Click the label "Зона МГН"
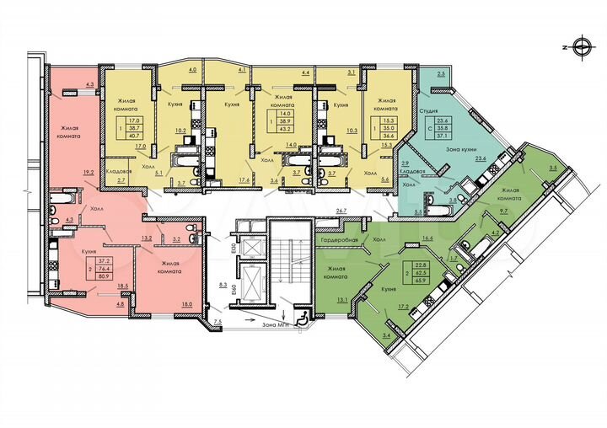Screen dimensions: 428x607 [x=277, y=323]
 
